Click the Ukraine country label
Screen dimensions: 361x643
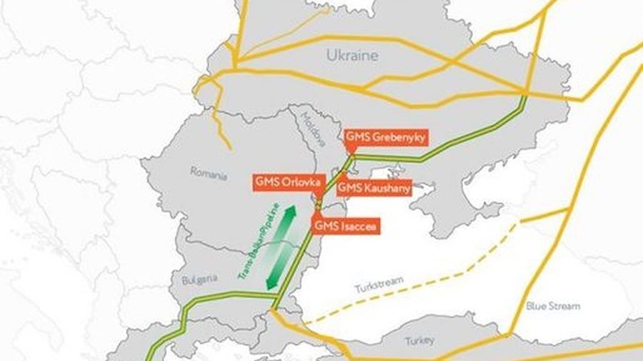pos(352,55)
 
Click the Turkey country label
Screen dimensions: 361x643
pos(419,340)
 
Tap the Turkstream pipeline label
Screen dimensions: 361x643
pos(375,288)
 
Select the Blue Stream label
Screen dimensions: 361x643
pos(553,306)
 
